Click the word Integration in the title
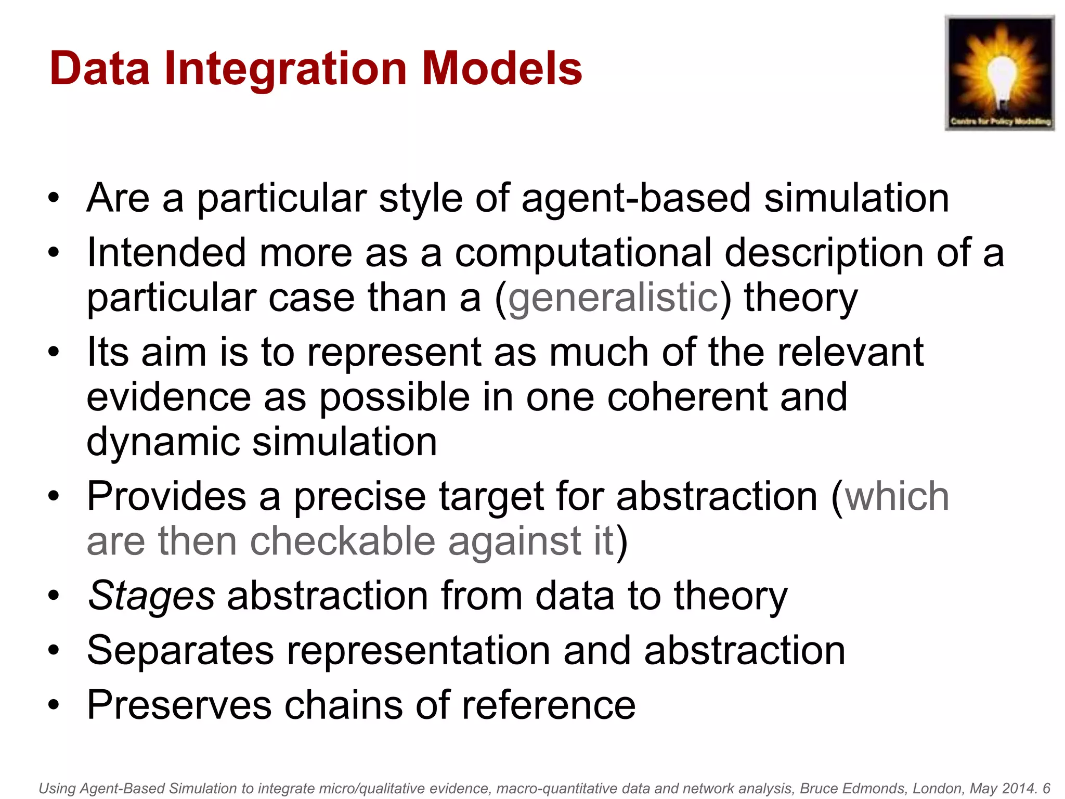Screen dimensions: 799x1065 (x=285, y=69)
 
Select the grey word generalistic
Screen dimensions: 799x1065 (x=614, y=299)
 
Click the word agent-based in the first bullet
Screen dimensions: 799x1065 (x=637, y=199)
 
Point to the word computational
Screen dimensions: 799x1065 (x=583, y=253)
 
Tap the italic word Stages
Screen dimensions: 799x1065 (x=151, y=597)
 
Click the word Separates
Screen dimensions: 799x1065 (x=180, y=651)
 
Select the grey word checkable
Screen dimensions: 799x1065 (x=343, y=542)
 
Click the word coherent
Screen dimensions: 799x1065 (x=686, y=397)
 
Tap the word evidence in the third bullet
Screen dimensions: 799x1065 (x=169, y=397)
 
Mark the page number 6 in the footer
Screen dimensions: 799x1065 (x=1046, y=789)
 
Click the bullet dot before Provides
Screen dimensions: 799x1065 (x=54, y=497)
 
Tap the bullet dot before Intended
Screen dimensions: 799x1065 (x=54, y=253)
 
